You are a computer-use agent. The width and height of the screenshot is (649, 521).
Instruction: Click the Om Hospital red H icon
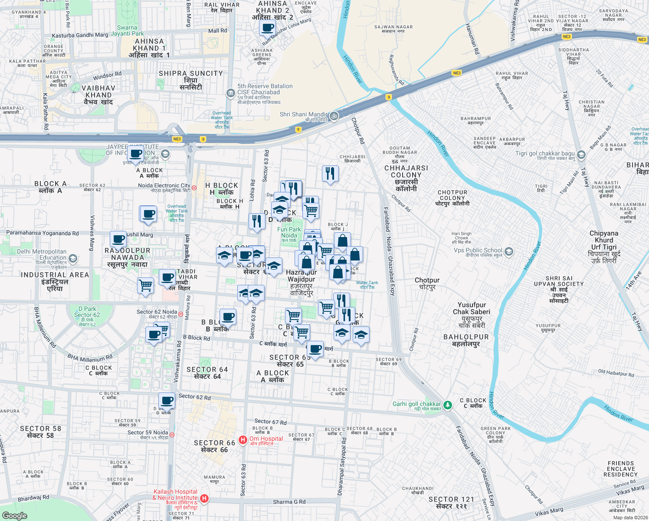[243, 440]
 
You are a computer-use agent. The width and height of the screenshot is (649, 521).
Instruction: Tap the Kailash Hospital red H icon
[204, 498]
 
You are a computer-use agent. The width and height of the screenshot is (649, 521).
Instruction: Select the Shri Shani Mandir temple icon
[334, 116]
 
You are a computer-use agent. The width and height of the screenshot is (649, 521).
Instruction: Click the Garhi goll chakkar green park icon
[448, 405]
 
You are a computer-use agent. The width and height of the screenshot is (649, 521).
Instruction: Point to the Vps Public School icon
[509, 251]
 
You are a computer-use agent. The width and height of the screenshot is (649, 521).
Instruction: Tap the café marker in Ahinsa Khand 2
[268, 28]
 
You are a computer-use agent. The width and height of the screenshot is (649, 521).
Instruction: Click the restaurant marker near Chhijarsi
[330, 174]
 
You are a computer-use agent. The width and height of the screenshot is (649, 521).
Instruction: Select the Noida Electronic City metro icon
[194, 188]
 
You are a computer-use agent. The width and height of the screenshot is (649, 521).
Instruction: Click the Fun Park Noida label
[289, 233]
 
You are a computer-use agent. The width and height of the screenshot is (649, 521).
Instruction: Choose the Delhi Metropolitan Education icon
[73, 259]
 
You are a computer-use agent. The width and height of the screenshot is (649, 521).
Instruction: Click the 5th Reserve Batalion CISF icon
[230, 92]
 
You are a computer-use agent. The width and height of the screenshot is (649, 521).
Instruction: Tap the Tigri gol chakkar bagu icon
[581, 154]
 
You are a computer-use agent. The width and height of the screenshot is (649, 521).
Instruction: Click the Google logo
[15, 515]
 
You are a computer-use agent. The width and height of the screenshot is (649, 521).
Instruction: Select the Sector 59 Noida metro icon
[172, 435]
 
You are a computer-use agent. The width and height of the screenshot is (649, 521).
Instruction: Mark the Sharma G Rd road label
[289, 502]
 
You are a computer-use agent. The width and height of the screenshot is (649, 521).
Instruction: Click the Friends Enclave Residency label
[620, 469]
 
